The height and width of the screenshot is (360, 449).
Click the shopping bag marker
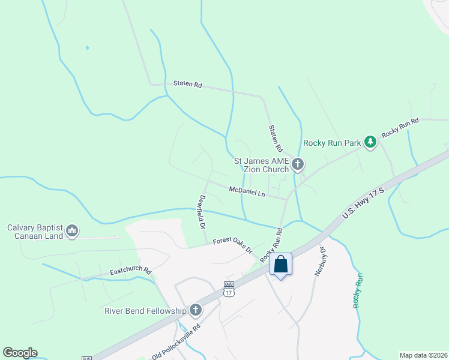(280, 264)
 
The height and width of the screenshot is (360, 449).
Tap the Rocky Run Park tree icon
(372, 142)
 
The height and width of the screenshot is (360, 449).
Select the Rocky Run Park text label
(332, 143)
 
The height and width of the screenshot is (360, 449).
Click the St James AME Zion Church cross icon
(297, 164)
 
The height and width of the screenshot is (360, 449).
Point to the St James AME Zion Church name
(261, 165)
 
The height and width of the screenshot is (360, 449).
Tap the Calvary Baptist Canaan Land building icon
(72, 230)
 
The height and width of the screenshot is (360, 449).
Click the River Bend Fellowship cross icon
(195, 310)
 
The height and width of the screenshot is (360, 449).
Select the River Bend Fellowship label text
(146, 311)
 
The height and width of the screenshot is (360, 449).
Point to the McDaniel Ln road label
(247, 191)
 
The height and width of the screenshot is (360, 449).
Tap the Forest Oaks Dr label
(232, 245)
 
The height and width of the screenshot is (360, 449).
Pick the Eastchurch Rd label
(130, 272)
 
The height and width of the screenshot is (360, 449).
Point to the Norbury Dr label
(321, 261)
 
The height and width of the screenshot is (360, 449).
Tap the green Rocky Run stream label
(358, 290)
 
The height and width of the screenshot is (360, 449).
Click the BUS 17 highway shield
(228, 289)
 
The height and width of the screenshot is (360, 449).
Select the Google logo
(20, 353)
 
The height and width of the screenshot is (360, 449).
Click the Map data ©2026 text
(423, 355)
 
